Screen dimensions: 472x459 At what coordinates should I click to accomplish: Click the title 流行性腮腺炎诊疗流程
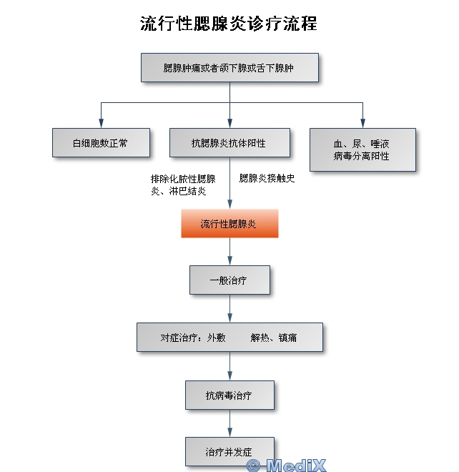[229, 24]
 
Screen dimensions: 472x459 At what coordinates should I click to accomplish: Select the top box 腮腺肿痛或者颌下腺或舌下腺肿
[229, 68]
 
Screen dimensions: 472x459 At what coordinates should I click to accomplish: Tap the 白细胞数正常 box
[101, 143]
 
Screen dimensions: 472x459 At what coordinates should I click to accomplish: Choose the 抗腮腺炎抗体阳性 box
[229, 143]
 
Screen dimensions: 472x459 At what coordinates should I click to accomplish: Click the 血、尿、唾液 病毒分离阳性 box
[362, 149]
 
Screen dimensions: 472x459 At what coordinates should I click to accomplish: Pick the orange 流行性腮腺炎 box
[229, 224]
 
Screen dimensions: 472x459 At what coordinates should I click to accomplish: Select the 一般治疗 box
[229, 280]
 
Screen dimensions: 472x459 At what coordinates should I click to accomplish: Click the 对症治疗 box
[229, 337]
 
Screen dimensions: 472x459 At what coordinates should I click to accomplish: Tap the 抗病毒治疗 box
[229, 395]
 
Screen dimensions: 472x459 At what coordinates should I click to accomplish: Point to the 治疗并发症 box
[229, 451]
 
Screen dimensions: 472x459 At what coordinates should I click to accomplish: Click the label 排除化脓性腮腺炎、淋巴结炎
[183, 185]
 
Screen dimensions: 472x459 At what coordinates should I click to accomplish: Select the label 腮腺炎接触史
[267, 178]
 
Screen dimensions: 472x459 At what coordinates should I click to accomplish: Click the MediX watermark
[286, 466]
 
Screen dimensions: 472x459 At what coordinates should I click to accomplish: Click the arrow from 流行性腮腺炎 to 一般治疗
[229, 252]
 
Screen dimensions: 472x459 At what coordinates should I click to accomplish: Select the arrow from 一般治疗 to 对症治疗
[229, 309]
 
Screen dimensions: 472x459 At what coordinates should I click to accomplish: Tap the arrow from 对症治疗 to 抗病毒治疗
[229, 367]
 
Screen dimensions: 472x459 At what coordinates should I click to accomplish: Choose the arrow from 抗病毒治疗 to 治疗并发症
[229, 424]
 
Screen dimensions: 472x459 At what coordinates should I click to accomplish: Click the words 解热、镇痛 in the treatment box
[274, 337]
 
